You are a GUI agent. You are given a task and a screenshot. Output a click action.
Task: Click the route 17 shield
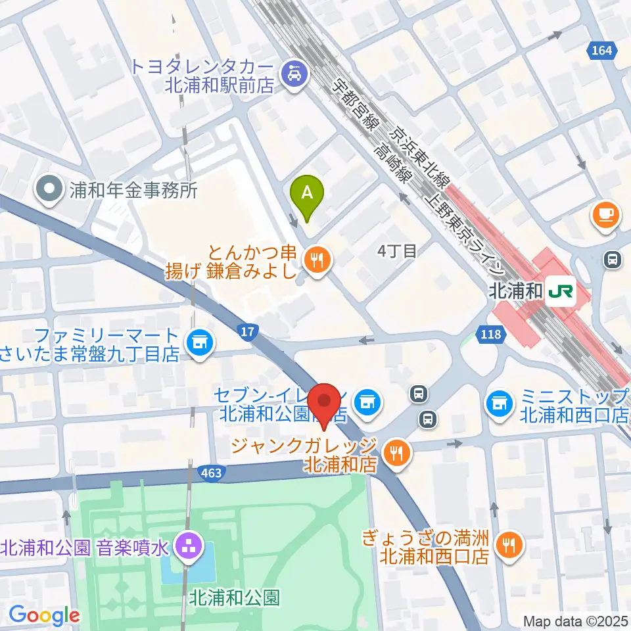(246, 333)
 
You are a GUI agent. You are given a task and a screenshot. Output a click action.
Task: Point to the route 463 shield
(210, 472)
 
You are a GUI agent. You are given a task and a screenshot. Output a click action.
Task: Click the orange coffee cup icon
(604, 215)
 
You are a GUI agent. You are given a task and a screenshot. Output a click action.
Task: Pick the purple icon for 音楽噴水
(189, 546)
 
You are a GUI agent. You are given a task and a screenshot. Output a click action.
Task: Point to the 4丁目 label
(397, 251)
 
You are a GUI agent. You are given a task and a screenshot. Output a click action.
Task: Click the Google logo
(44, 615)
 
